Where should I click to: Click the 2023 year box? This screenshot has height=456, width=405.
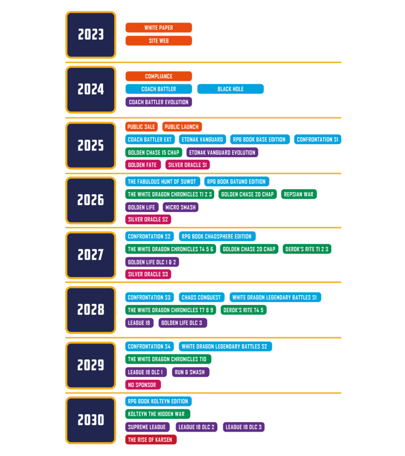point(91,35)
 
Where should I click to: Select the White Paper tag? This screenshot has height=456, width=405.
point(158,28)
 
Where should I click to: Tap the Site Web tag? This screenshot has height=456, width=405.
point(158,41)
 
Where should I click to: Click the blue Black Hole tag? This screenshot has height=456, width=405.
point(230,89)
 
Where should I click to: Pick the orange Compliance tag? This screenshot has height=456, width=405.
point(158,76)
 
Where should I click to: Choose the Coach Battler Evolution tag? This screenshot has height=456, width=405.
point(158,102)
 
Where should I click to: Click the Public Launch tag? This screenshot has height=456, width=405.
point(182,127)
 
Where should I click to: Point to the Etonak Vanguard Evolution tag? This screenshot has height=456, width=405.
point(222,152)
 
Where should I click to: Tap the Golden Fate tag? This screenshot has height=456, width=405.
point(143,165)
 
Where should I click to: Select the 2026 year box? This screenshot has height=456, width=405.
point(91,200)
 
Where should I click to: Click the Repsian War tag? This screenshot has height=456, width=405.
point(299,194)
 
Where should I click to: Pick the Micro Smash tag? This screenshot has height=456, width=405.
point(180,207)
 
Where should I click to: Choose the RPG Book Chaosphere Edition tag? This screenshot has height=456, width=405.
point(217,236)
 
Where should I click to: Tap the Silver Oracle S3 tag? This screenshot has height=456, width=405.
point(148,274)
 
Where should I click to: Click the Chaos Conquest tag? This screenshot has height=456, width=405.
point(201,297)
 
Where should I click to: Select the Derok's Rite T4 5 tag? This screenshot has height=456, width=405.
point(243,310)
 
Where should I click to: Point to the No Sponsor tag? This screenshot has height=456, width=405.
point(143,384)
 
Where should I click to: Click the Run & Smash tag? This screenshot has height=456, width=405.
point(190,372)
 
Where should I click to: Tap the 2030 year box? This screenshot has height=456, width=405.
point(91,420)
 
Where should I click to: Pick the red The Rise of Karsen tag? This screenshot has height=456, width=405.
point(150,440)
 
